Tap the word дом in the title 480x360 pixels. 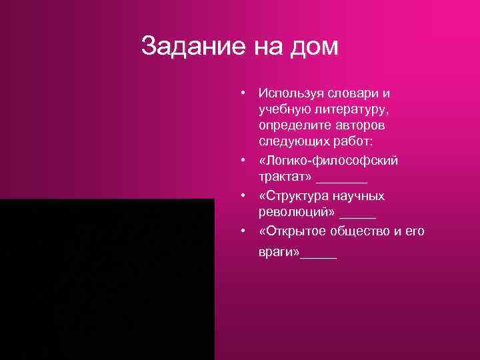[315, 47]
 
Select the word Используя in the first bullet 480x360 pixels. [293, 91]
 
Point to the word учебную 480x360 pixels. [287, 108]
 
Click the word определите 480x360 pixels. [293, 125]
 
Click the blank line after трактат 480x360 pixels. [342, 180]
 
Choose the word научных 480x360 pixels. [361, 196]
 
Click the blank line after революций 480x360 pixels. [358, 215]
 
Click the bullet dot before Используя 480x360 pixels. [245, 91]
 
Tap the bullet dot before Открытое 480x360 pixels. [245, 231]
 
